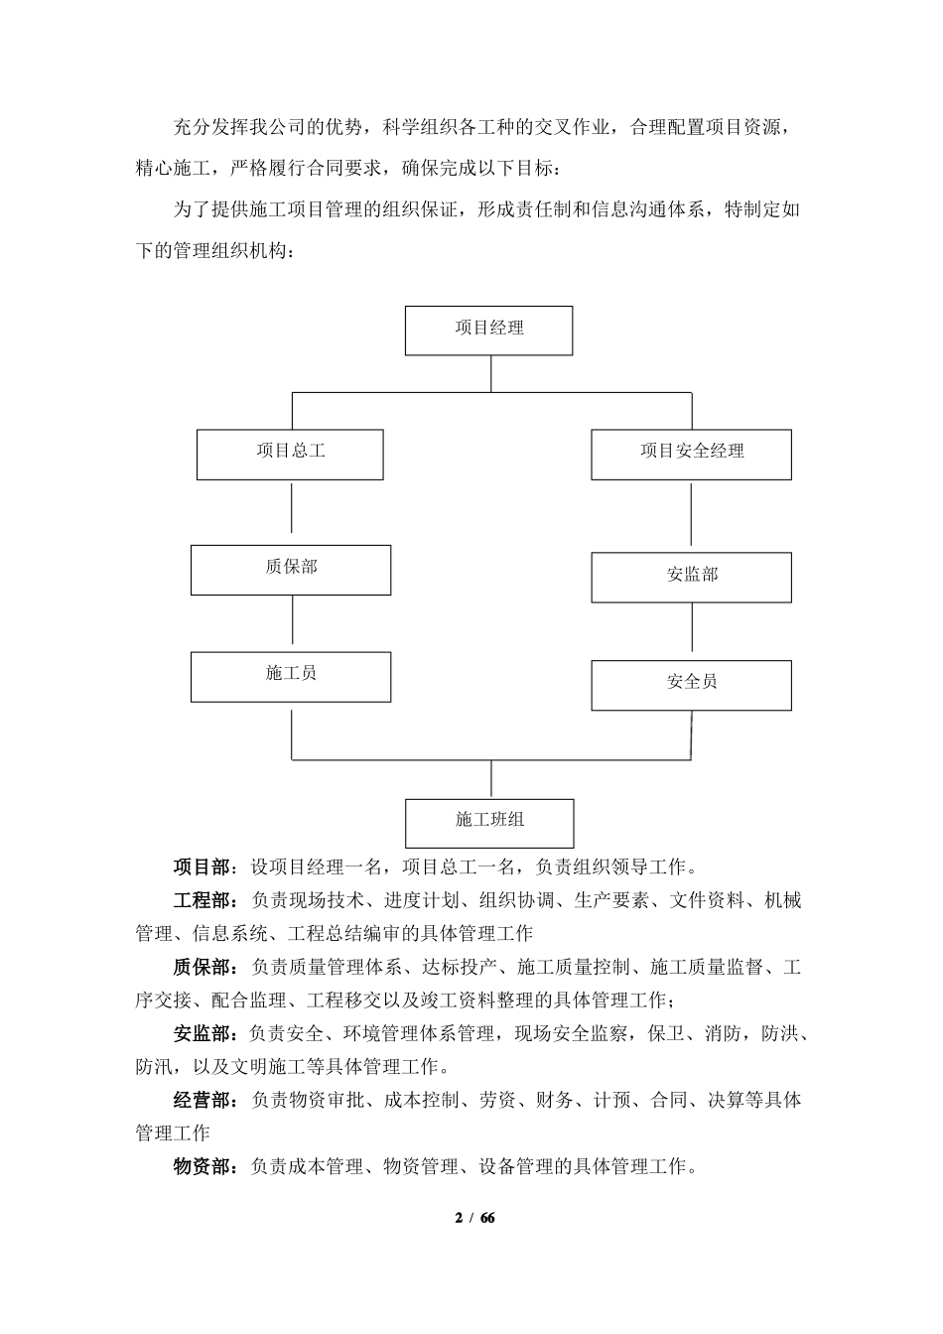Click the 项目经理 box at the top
(488, 331)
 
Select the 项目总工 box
(290, 454)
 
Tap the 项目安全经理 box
(691, 454)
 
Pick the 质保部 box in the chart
(290, 570)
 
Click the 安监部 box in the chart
(691, 578)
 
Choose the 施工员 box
(290, 677)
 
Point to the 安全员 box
(691, 685)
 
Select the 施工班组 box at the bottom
(489, 823)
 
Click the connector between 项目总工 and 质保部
(291, 512)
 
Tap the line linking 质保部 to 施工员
(291, 623)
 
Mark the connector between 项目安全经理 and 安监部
(692, 516)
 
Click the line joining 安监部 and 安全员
(692, 631)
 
